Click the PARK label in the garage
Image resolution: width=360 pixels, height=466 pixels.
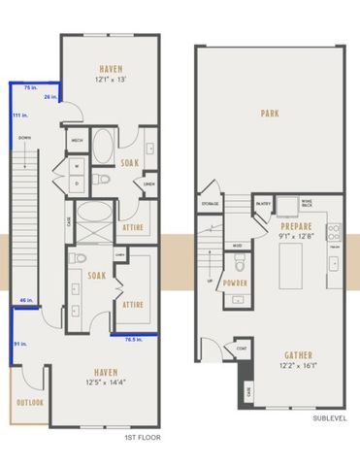pos(269,114)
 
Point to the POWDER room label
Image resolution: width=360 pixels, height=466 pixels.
pos(235,283)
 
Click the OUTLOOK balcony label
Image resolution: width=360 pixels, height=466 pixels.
pos(28,403)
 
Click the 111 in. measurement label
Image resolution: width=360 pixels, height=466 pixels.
pos(17,116)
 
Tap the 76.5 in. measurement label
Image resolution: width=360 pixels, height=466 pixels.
pos(134,340)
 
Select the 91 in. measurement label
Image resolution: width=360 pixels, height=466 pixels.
pos(18,344)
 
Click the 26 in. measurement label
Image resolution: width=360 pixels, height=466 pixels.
pos(49,97)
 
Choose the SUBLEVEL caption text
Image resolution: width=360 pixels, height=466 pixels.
pos(330,418)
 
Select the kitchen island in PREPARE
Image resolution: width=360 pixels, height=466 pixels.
pos(292,262)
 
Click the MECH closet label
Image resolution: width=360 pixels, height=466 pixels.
pos(78,141)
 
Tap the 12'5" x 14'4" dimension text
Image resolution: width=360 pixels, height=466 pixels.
pos(108,382)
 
